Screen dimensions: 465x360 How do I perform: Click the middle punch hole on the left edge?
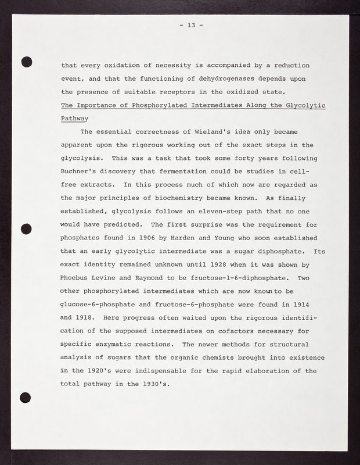pos(26,228)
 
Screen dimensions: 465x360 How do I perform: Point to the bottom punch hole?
pos(26,398)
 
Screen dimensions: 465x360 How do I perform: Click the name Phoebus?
pos(77,278)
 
